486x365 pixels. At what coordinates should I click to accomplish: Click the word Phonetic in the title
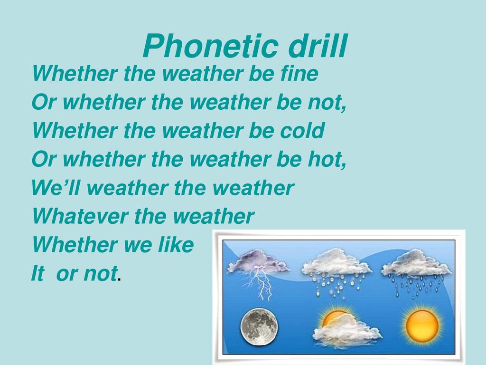(x=210, y=46)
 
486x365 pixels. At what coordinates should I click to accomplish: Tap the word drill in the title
(x=318, y=46)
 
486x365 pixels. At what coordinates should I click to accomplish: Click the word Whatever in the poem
(x=80, y=216)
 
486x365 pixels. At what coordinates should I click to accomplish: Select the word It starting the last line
(x=38, y=273)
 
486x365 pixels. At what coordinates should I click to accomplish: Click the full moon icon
(x=259, y=327)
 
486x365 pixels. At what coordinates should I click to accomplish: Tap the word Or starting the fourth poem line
(x=44, y=159)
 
